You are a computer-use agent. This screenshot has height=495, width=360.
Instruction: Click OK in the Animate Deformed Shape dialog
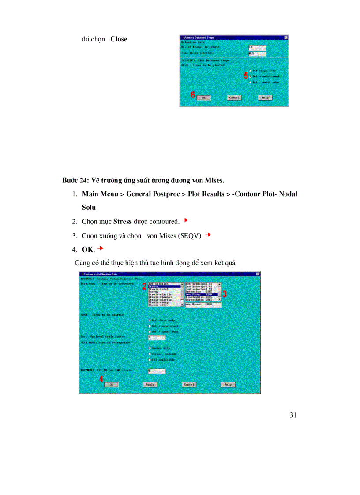coord(204,97)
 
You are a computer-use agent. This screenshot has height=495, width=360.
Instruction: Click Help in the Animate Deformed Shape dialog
coord(264,97)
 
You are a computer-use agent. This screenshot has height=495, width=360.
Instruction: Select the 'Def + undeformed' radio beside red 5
coord(251,76)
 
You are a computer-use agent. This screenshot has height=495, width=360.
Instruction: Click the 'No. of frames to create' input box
coord(257,47)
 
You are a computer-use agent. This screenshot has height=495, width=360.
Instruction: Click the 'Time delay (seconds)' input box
coord(257,54)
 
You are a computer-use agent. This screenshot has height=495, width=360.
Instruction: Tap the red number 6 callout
coord(193,95)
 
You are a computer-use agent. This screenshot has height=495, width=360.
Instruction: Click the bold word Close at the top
coord(119,39)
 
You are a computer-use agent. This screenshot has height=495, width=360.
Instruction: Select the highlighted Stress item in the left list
coord(165,287)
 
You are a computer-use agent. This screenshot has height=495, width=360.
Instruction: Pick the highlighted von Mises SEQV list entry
coord(202,294)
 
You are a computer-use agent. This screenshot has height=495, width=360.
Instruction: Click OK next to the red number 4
coord(111,384)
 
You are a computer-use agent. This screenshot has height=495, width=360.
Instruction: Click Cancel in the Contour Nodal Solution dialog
coord(189,384)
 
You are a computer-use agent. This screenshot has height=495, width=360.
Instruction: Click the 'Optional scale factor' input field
coord(157,338)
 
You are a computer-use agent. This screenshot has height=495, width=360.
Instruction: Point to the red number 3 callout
coord(224,294)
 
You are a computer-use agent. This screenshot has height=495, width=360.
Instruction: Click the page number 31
coord(293,415)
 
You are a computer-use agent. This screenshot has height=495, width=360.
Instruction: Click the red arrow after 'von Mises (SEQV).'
coord(208,234)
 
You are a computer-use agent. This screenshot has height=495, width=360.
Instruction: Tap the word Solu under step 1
coord(89,207)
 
